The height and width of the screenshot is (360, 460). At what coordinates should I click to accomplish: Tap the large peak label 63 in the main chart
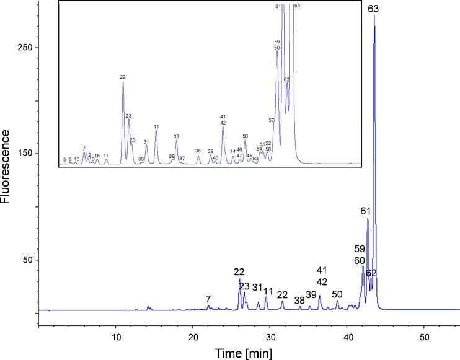(x=373, y=9)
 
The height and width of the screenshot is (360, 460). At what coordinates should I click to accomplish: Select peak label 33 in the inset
(x=176, y=136)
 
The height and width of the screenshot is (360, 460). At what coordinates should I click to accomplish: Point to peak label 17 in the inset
(x=106, y=156)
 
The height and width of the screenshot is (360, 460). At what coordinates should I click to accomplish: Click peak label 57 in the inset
(x=272, y=120)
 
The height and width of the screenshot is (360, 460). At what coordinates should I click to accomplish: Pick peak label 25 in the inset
(x=133, y=140)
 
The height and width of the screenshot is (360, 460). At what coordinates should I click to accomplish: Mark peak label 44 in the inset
(x=232, y=151)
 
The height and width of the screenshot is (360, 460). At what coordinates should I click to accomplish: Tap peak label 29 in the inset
(x=172, y=156)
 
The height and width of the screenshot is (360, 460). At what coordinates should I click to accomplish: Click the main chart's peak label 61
(x=366, y=211)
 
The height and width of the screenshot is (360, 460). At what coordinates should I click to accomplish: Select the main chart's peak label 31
(x=257, y=287)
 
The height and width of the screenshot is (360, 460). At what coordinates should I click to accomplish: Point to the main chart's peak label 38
(x=299, y=301)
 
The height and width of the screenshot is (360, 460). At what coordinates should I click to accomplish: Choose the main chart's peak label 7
(x=208, y=299)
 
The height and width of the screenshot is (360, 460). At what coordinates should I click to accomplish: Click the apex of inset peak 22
(x=123, y=82)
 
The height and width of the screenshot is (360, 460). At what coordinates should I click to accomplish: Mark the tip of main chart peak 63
(x=374, y=15)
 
